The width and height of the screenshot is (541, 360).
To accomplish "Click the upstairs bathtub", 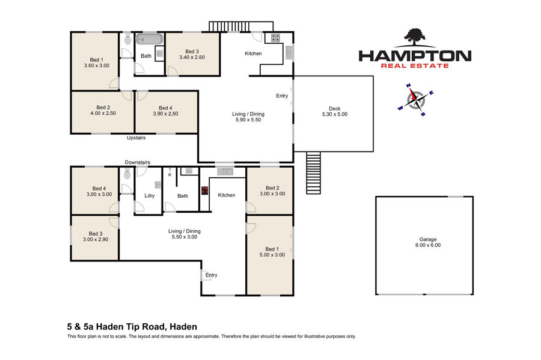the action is click(149, 39).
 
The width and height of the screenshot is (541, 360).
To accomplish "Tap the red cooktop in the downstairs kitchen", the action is click(205, 191).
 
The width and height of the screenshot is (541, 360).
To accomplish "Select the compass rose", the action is click(415, 100).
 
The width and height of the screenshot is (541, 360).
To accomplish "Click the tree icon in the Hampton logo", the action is click(415, 37).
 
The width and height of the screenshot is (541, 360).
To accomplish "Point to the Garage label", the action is click(428, 239).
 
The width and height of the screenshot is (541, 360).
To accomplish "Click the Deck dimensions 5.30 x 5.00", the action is click(335, 114).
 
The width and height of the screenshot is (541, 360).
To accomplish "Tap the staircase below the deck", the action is click(313, 172).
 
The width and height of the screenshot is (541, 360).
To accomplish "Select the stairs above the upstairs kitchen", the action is click(241, 27).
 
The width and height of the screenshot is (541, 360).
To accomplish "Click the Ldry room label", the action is click(150, 195).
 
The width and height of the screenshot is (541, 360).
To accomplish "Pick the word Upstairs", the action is click(136, 138).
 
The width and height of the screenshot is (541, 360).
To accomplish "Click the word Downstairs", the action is click(137, 162).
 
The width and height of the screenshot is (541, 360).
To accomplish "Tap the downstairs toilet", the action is click(127, 174).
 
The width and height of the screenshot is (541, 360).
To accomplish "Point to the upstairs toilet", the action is click(127, 40).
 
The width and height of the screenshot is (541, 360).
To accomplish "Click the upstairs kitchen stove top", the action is click(275, 38).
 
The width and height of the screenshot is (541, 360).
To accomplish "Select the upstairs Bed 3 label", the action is click(192, 51).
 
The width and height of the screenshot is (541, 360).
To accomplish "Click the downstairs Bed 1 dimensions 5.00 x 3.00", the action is click(272, 255).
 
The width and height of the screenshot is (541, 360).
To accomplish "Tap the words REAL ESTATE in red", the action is click(415, 66).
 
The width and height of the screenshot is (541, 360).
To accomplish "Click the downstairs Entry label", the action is click(211, 275).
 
